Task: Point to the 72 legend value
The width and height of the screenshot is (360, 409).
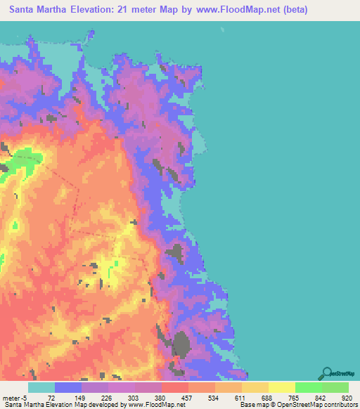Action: [51, 398]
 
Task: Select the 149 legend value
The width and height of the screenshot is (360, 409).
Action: [77, 398]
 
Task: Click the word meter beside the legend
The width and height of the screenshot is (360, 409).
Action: [10, 398]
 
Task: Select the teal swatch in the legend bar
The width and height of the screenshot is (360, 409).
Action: [41, 387]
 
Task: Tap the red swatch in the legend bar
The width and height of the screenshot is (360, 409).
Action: [175, 387]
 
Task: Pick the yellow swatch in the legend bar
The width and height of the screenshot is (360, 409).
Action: [282, 387]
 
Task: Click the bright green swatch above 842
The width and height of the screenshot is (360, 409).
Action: [309, 387]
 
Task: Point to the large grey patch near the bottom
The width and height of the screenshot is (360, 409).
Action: [182, 346]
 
